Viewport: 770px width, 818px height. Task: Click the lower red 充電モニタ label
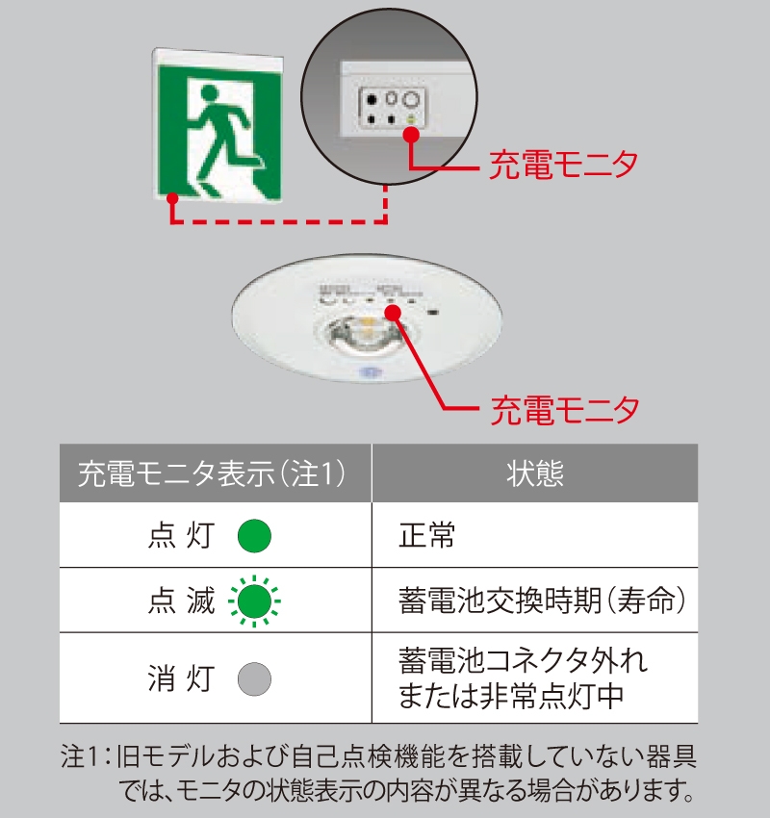click(564, 410)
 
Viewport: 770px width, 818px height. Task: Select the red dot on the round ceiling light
click(393, 312)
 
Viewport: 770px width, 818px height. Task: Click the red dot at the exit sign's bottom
click(172, 199)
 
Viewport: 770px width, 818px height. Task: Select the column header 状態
click(534, 473)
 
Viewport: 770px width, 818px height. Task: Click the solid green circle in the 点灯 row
click(254, 535)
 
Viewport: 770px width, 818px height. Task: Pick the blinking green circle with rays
click(254, 601)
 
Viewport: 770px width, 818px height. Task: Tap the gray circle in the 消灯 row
click(254, 678)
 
